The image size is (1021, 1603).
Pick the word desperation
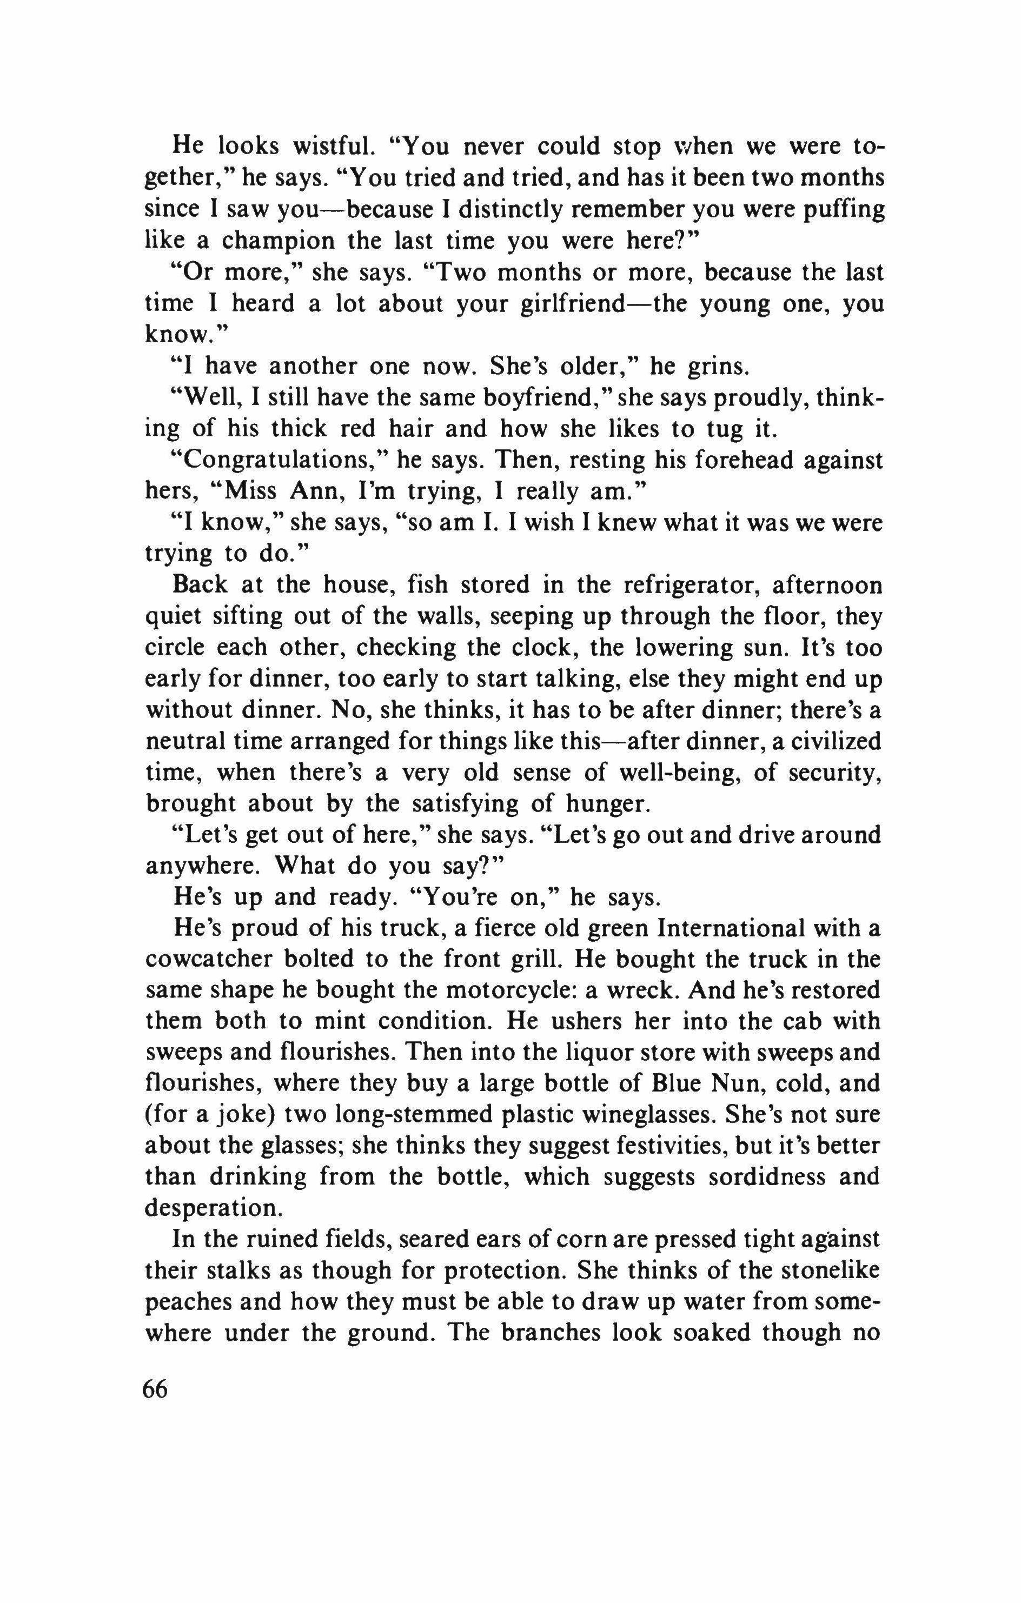pyautogui.click(x=212, y=1208)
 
